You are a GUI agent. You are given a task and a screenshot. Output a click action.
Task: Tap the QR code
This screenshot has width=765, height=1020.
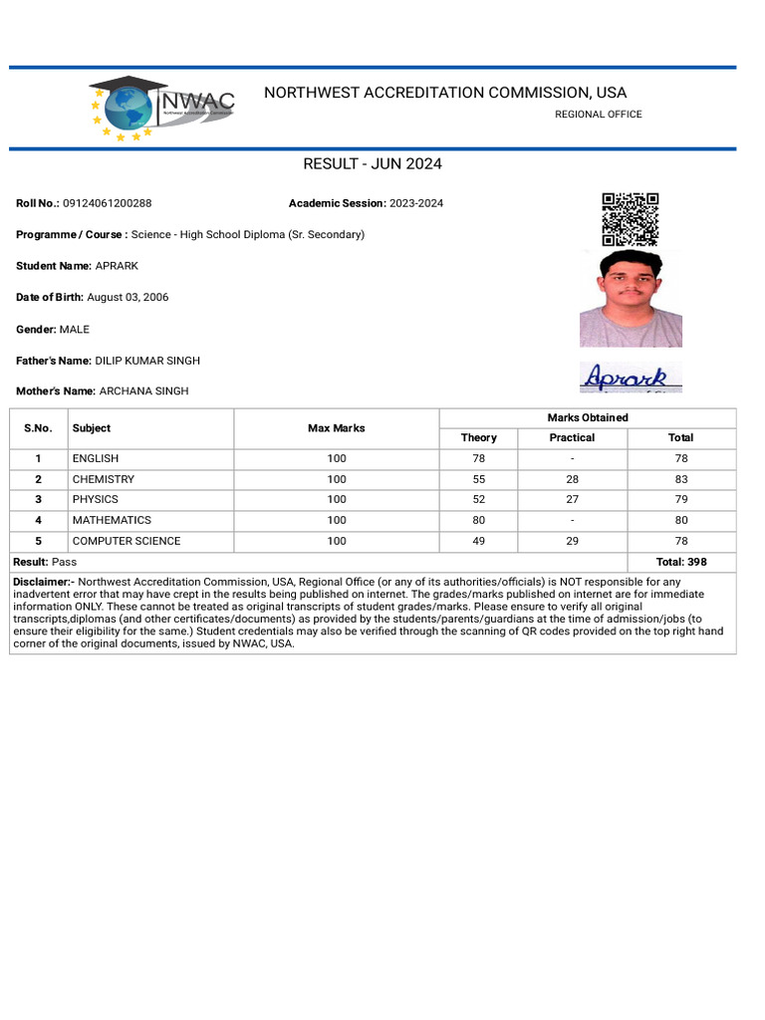pos(630,219)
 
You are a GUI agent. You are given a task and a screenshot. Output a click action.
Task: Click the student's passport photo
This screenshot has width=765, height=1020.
pos(631,299)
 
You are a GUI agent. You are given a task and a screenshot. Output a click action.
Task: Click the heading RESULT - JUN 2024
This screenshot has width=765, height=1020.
pos(373,164)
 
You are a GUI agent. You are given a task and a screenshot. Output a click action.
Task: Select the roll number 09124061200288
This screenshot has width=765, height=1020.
pos(107,203)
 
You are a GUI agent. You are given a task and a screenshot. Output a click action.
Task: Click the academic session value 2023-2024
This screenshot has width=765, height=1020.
pos(416,203)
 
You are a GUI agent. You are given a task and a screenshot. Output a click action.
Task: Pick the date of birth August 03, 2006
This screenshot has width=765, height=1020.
pos(127,298)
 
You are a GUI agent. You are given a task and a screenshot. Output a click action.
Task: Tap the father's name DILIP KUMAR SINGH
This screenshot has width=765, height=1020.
pos(147,361)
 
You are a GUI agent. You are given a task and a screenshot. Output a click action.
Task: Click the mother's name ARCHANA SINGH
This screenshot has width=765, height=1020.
pos(143,391)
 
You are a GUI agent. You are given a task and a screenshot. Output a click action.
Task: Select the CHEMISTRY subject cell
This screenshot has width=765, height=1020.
pos(103,479)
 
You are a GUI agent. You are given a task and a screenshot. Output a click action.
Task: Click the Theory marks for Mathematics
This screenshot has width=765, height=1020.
pos(478,520)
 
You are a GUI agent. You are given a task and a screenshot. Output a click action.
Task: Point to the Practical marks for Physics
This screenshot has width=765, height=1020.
pos(572,499)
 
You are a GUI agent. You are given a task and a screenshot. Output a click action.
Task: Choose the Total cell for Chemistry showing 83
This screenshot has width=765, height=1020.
pos(681,479)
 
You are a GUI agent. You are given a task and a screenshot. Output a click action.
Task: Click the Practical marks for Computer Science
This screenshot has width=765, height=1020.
pos(572,541)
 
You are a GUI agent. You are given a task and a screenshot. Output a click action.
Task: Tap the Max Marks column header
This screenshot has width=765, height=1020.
pos(336,428)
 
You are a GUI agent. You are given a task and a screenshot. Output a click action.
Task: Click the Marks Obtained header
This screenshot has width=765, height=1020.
pos(588,418)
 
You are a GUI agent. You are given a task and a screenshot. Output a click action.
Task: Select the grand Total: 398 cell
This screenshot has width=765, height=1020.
pos(681,562)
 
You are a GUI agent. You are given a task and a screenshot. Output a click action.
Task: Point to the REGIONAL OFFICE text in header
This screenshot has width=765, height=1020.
pos(598,115)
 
